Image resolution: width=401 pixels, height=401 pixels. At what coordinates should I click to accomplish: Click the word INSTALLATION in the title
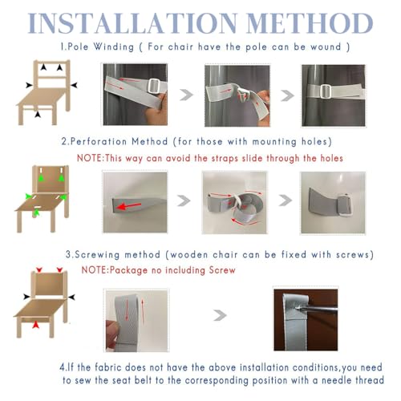[132, 23]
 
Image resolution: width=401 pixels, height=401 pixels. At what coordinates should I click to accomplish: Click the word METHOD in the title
[310, 23]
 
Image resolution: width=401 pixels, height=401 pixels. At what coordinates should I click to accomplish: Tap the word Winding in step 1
[114, 47]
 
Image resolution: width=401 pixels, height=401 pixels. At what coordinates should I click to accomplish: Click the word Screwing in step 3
[97, 255]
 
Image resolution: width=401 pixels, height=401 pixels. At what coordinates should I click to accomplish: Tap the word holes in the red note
[331, 158]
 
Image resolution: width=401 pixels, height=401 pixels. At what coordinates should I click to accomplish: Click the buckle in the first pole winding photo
[155, 86]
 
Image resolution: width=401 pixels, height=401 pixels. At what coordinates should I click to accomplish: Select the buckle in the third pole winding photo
[326, 91]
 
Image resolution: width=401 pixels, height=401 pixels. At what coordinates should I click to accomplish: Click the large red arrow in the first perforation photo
[128, 206]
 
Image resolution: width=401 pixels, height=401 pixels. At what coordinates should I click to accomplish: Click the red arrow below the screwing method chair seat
[36, 325]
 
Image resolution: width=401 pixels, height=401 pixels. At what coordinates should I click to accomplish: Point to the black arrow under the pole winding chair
[38, 114]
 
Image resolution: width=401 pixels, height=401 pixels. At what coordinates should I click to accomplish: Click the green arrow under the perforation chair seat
[36, 213]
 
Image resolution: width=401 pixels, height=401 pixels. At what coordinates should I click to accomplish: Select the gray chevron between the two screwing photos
[220, 315]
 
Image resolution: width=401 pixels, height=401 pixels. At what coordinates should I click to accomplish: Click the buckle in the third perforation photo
[343, 205]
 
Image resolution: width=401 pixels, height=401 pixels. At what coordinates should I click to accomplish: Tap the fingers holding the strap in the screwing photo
[112, 334]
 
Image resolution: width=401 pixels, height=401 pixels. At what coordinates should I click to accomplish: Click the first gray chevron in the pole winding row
[186, 95]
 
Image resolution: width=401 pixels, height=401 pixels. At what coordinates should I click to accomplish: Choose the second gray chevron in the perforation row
[286, 200]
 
